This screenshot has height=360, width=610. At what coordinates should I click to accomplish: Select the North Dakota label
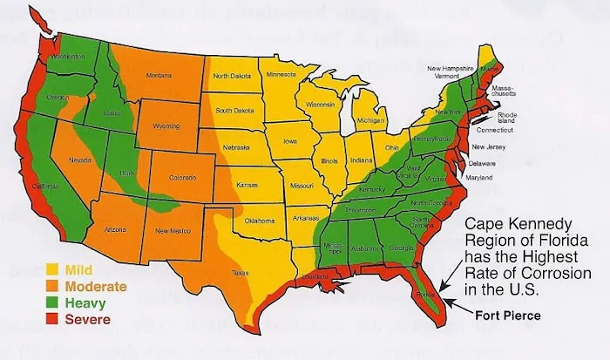point(232,75)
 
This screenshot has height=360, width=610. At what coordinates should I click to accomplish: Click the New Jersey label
point(488,147)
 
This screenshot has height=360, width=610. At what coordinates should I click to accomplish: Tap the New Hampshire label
point(456,67)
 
